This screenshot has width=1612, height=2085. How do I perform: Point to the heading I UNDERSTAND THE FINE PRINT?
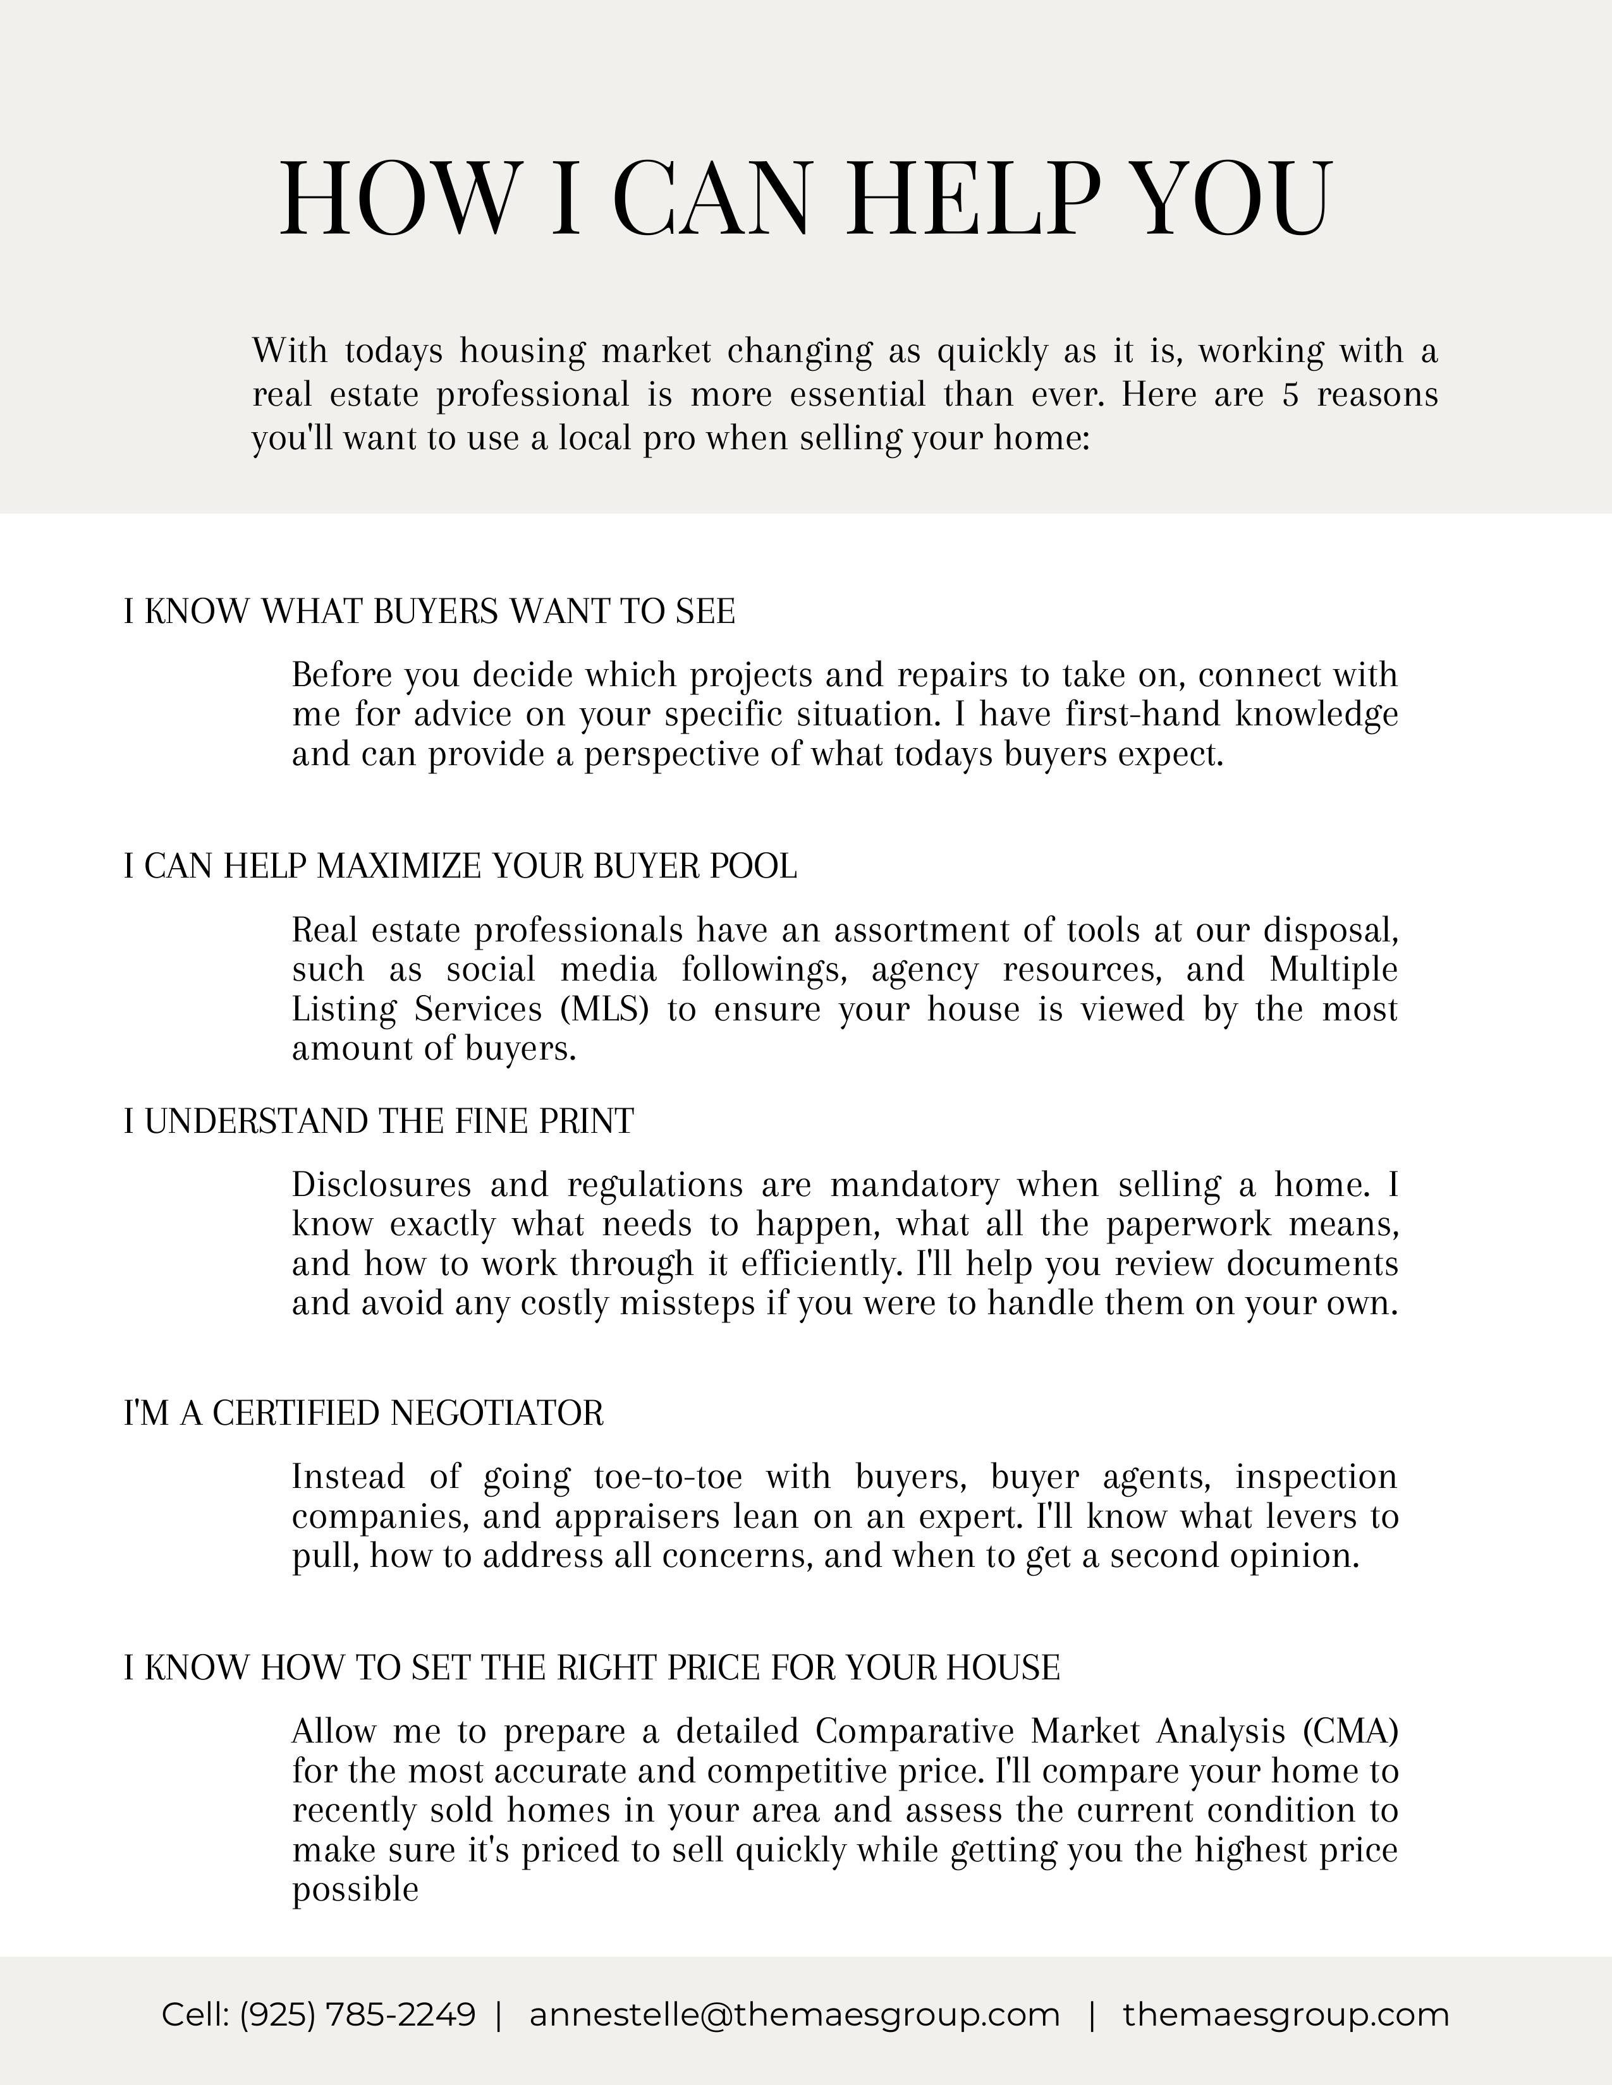(x=378, y=1121)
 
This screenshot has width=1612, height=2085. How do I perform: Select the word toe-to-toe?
(x=668, y=1477)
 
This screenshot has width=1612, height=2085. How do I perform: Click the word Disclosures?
(x=381, y=1185)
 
